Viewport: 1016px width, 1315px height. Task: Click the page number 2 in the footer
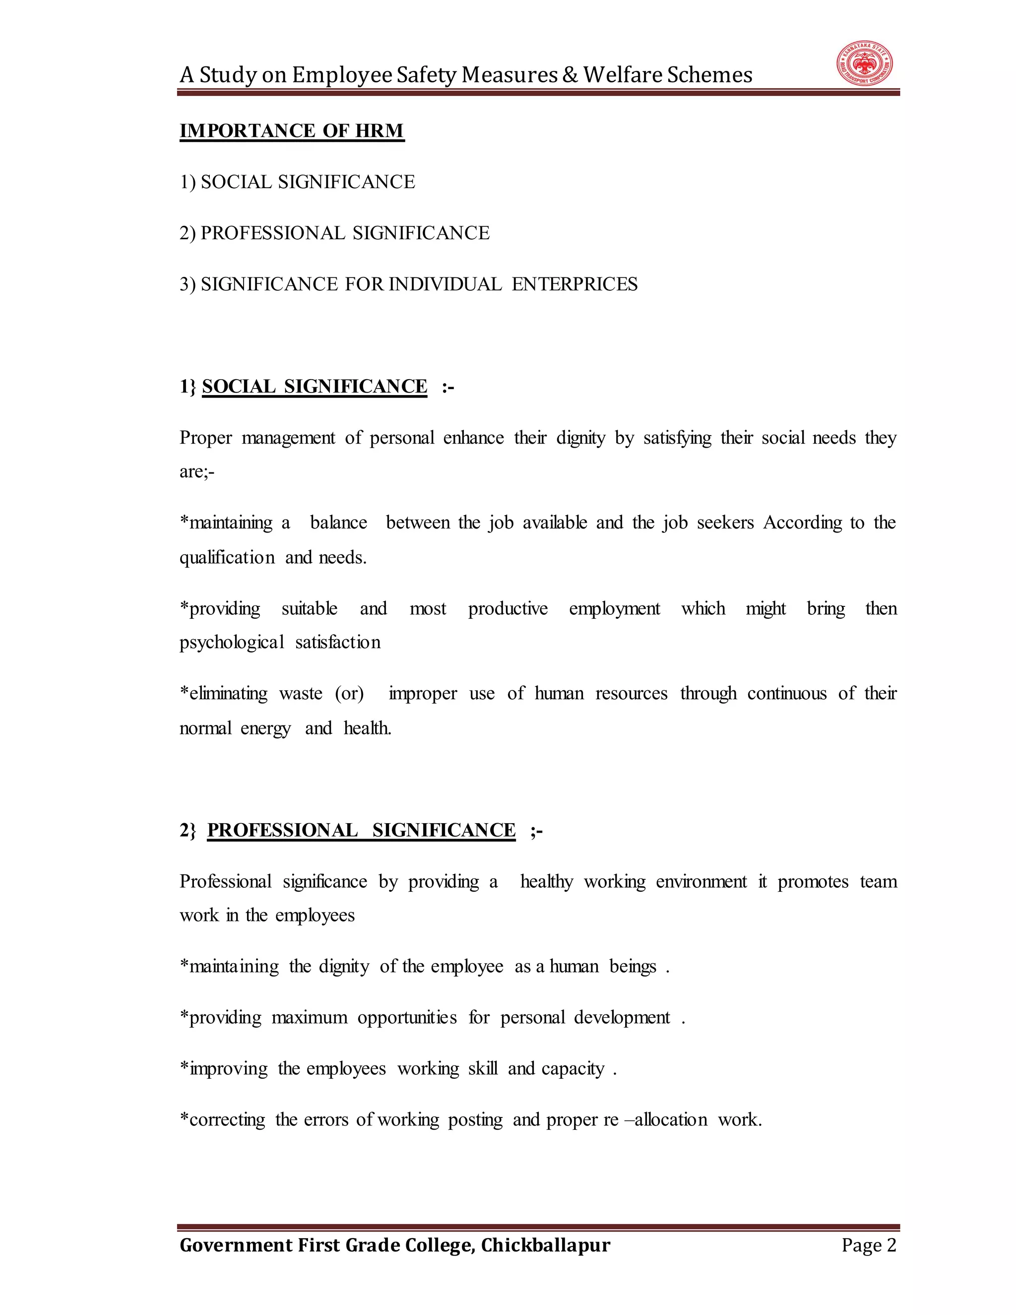[891, 1245]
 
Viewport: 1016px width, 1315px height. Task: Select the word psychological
[232, 643]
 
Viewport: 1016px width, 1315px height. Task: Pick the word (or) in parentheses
[349, 693]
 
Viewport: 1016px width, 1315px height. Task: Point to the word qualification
[227, 558]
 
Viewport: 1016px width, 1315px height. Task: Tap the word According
[802, 523]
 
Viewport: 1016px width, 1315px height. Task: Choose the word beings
[633, 966]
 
